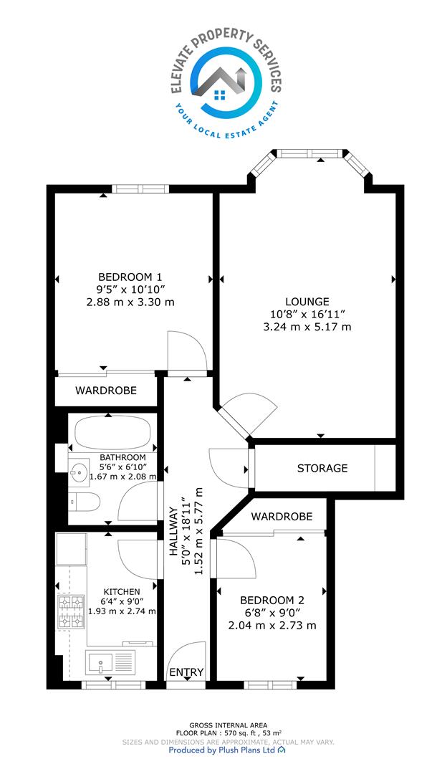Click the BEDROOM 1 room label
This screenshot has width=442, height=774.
130,277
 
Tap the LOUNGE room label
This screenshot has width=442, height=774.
307,301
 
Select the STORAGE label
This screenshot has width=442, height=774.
322,468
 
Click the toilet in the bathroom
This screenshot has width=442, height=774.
84,502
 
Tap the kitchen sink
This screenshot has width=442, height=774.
110,662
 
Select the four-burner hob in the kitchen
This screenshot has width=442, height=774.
70,612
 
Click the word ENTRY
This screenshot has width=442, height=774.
186,672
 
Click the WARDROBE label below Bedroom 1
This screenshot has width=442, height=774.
105,391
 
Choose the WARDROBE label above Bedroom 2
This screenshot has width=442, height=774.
282,516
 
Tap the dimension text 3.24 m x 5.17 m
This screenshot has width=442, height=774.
307,326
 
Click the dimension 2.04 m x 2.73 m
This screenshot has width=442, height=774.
272,626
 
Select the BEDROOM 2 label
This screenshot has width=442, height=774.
272,601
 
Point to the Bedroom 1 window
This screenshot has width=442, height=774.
140,188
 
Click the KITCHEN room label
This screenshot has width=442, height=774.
122,591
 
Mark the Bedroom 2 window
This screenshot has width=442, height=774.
270,685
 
